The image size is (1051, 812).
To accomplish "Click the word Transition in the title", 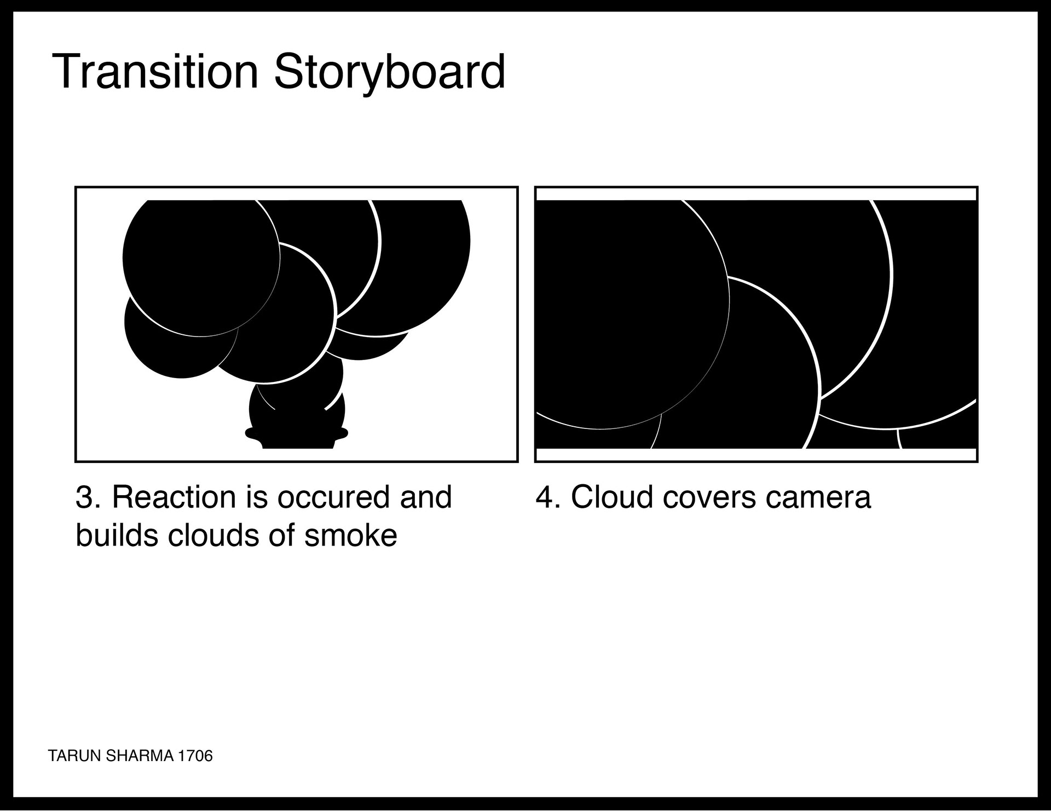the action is pyautogui.click(x=155, y=71).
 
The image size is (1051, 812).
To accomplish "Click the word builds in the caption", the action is pyautogui.click(x=118, y=535).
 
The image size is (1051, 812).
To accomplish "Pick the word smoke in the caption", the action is pyautogui.click(x=351, y=535).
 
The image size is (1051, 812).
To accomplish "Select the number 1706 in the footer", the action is pyautogui.click(x=194, y=756).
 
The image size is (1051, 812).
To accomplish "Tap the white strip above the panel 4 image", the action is pyautogui.click(x=756, y=194).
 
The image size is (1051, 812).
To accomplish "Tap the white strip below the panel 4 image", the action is pyautogui.click(x=756, y=455).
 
